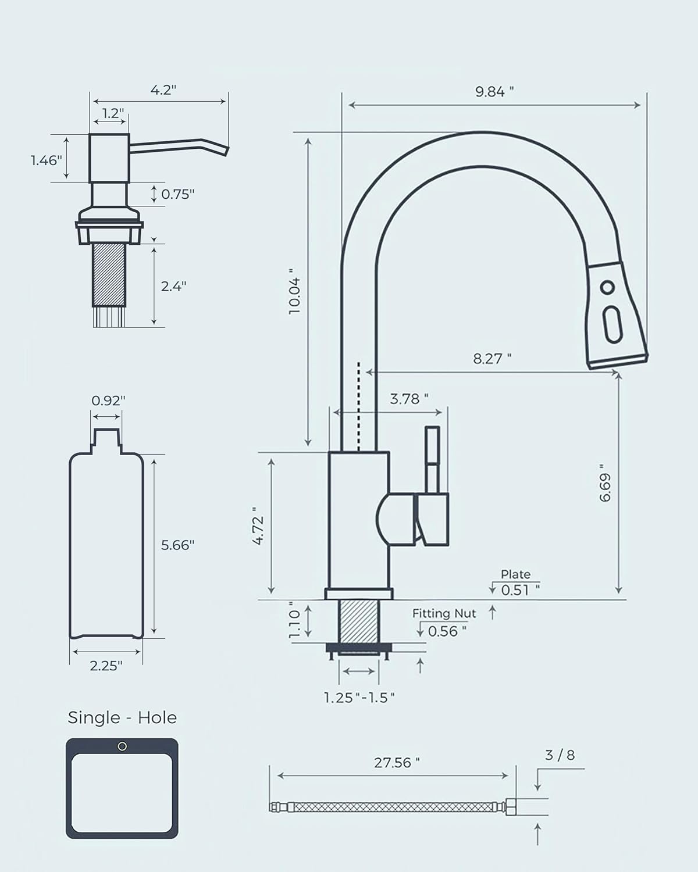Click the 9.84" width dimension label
click(x=494, y=91)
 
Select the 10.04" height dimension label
click(x=295, y=292)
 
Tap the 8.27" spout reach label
click(x=492, y=359)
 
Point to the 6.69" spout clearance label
click(x=605, y=483)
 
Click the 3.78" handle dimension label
click(x=409, y=399)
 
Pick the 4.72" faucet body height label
click(x=259, y=530)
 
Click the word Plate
click(x=515, y=574)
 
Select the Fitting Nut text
click(x=444, y=613)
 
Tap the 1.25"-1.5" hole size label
click(x=359, y=697)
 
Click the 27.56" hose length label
click(x=397, y=762)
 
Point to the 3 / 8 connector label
click(x=560, y=755)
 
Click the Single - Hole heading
click(x=122, y=717)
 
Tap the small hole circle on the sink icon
click(x=122, y=746)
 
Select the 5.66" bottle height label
click(x=177, y=545)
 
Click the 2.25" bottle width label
click(x=106, y=666)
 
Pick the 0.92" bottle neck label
click(x=108, y=401)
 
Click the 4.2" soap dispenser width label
click(x=163, y=90)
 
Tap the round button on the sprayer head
click(x=607, y=287)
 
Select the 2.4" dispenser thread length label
click(x=173, y=286)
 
